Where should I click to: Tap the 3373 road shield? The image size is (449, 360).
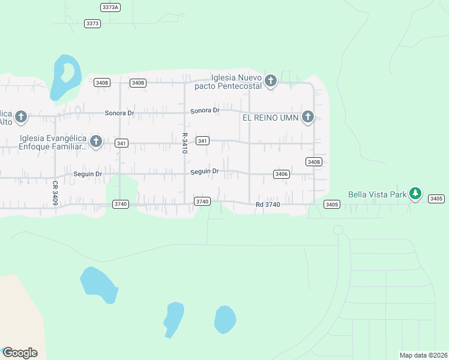click(x=92, y=23)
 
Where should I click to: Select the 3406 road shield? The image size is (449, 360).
click(x=281, y=174)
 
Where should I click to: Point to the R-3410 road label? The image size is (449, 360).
click(x=185, y=143)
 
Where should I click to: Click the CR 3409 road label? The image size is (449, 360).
click(x=55, y=193)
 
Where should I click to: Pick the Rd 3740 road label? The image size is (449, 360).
click(x=268, y=205)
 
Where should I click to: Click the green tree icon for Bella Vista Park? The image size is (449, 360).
click(x=415, y=193)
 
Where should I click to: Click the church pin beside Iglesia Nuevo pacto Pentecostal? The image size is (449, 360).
click(x=270, y=80)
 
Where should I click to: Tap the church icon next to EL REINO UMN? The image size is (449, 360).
click(x=308, y=116)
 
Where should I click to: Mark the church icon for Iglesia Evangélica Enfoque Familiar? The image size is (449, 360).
click(x=95, y=141)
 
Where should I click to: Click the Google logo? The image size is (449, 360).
click(x=20, y=353)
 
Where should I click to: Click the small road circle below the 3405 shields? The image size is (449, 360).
click(x=338, y=230)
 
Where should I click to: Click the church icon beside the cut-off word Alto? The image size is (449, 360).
click(x=21, y=116)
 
